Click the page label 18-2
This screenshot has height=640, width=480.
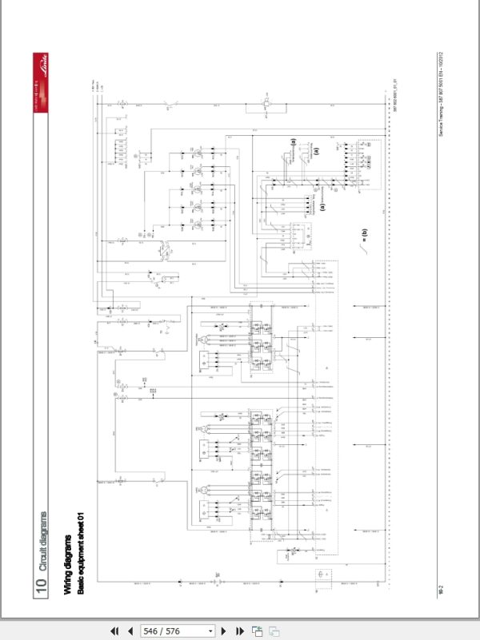441,590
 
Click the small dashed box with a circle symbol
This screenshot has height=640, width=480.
322,575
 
